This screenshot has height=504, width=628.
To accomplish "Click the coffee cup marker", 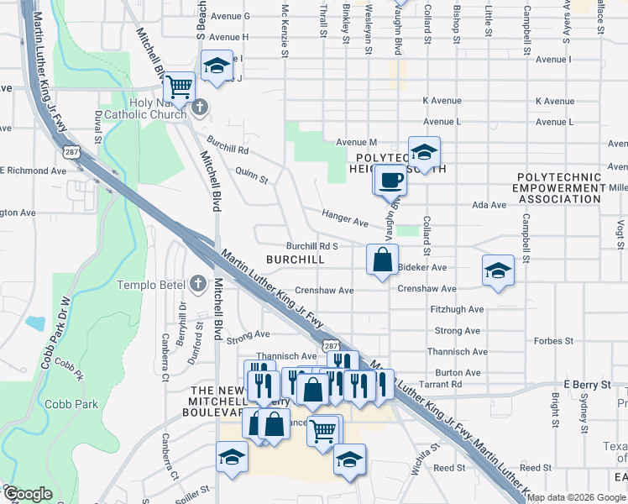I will (390, 181).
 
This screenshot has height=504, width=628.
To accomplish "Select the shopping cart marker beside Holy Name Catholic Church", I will (179, 87).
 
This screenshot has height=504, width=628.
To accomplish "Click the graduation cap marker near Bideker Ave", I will (498, 271).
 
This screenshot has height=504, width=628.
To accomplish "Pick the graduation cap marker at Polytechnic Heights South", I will (424, 152).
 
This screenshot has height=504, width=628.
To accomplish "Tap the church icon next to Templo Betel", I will (198, 284).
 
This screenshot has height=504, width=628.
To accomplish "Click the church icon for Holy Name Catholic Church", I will (199, 107).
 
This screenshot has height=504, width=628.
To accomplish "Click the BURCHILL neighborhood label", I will (295, 260).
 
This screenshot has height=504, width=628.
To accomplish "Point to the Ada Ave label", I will (489, 205).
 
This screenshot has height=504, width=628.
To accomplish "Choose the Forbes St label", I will (553, 341).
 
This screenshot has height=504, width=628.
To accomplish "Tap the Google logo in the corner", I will (28, 494).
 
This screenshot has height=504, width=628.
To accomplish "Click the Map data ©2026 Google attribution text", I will (577, 497).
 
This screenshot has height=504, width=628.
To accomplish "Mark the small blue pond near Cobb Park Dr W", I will (35, 323).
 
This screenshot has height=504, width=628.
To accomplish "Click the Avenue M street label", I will (357, 142).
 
